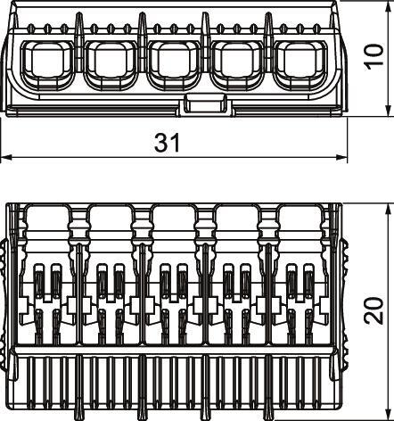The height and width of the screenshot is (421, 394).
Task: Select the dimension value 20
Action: [x=376, y=310]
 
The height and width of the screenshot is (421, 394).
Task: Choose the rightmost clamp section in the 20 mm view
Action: [x=300, y=294]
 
